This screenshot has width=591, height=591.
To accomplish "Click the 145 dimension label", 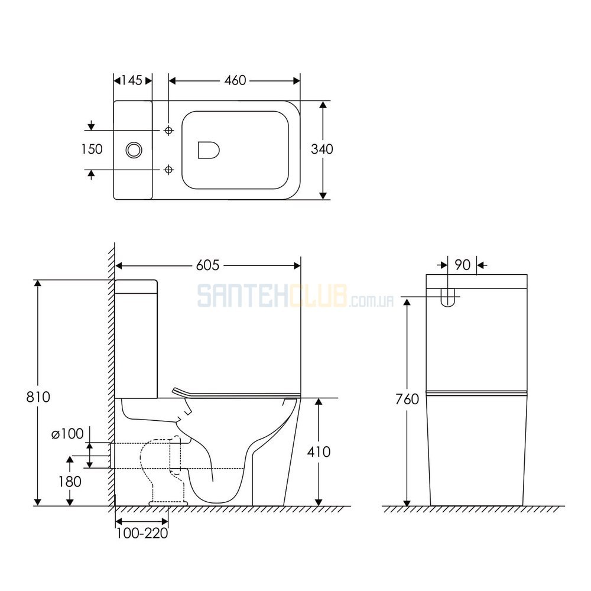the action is (x=132, y=80).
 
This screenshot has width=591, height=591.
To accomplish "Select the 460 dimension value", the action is (x=235, y=80).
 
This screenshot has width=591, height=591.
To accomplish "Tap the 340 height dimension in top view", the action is (x=322, y=150).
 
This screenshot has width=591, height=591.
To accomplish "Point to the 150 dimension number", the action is (x=92, y=150).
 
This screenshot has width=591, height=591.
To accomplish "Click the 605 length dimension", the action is (x=207, y=265).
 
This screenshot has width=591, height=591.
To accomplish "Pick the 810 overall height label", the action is (x=38, y=397).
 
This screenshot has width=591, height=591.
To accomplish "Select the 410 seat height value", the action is (x=319, y=452).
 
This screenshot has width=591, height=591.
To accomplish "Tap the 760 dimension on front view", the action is (x=407, y=399).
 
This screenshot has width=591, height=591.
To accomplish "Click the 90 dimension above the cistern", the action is (x=463, y=265).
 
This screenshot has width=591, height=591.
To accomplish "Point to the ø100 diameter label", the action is (x=67, y=434).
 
